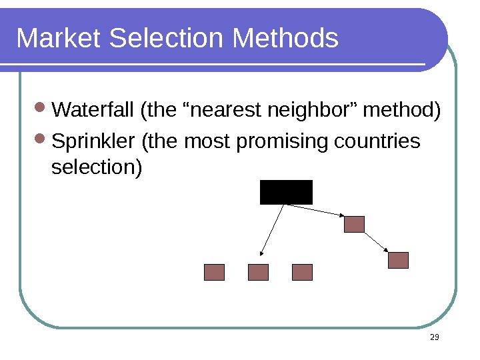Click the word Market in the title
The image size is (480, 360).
59,39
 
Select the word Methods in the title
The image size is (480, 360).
286,39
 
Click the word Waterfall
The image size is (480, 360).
93,109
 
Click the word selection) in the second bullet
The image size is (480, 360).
97,167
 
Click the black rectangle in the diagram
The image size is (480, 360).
286,192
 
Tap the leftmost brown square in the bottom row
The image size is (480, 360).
214,272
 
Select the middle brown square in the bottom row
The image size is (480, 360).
258,272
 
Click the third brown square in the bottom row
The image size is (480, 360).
302,272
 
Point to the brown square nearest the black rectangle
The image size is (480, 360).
354,224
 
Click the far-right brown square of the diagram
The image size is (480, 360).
398,260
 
